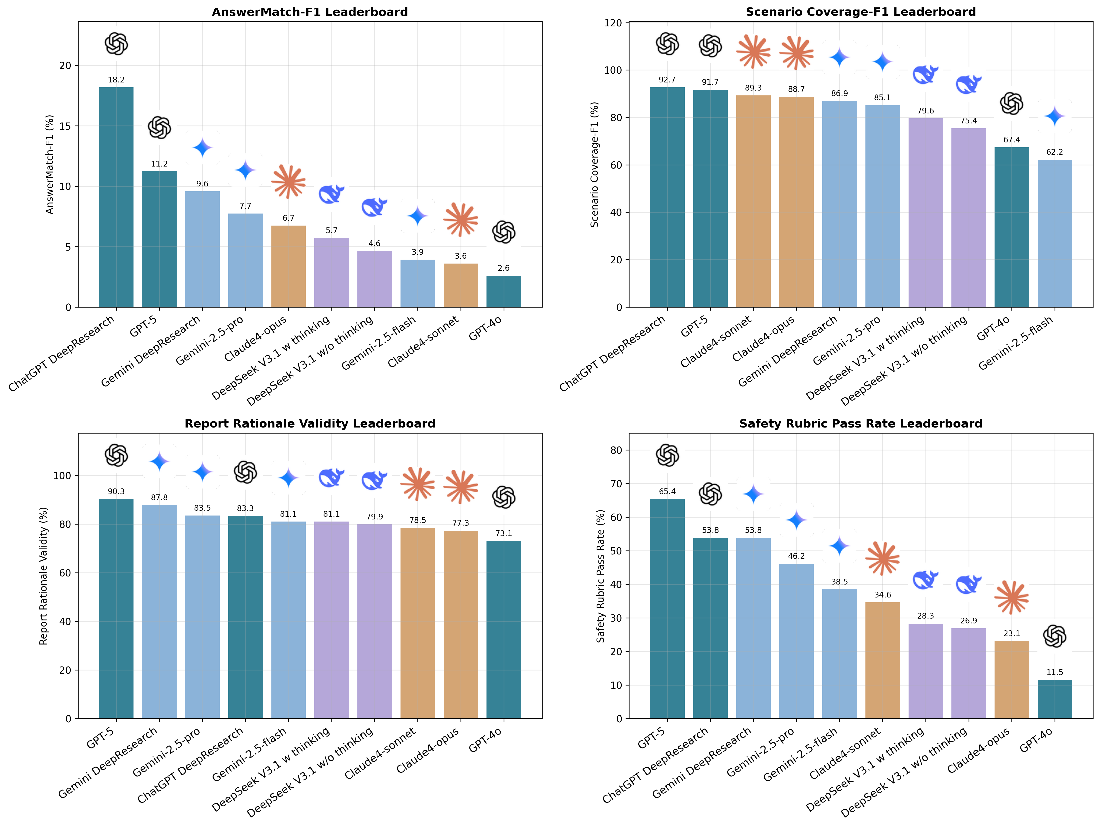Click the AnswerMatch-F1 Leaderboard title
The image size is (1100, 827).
click(x=310, y=12)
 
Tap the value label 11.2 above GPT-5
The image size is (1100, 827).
click(x=159, y=164)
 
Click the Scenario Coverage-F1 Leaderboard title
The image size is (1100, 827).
click(x=861, y=12)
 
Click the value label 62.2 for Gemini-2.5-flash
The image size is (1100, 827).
click(x=1055, y=152)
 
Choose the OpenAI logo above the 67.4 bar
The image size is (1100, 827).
click(x=1011, y=104)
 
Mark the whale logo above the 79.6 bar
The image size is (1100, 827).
click(x=925, y=74)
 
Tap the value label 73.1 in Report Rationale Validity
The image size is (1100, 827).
click(x=504, y=533)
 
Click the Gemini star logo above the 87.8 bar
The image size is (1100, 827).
click(x=159, y=462)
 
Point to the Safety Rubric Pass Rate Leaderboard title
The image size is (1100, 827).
click(x=861, y=423)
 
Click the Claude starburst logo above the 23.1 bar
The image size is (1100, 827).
click(x=1011, y=597)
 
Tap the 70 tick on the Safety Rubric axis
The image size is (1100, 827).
click(x=616, y=484)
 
